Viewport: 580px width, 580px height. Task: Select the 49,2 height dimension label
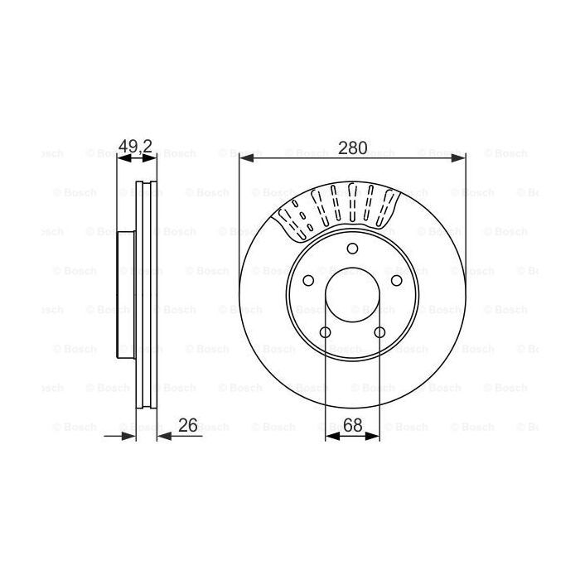[136, 147]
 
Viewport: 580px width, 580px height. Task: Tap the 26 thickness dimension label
[188, 425]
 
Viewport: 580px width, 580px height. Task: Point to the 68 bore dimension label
[353, 425]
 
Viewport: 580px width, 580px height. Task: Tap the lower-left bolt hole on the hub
[325, 333]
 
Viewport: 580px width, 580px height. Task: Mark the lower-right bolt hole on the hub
[380, 333]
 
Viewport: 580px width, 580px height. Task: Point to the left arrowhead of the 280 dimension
[245, 157]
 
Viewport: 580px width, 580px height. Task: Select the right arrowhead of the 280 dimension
[460, 157]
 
